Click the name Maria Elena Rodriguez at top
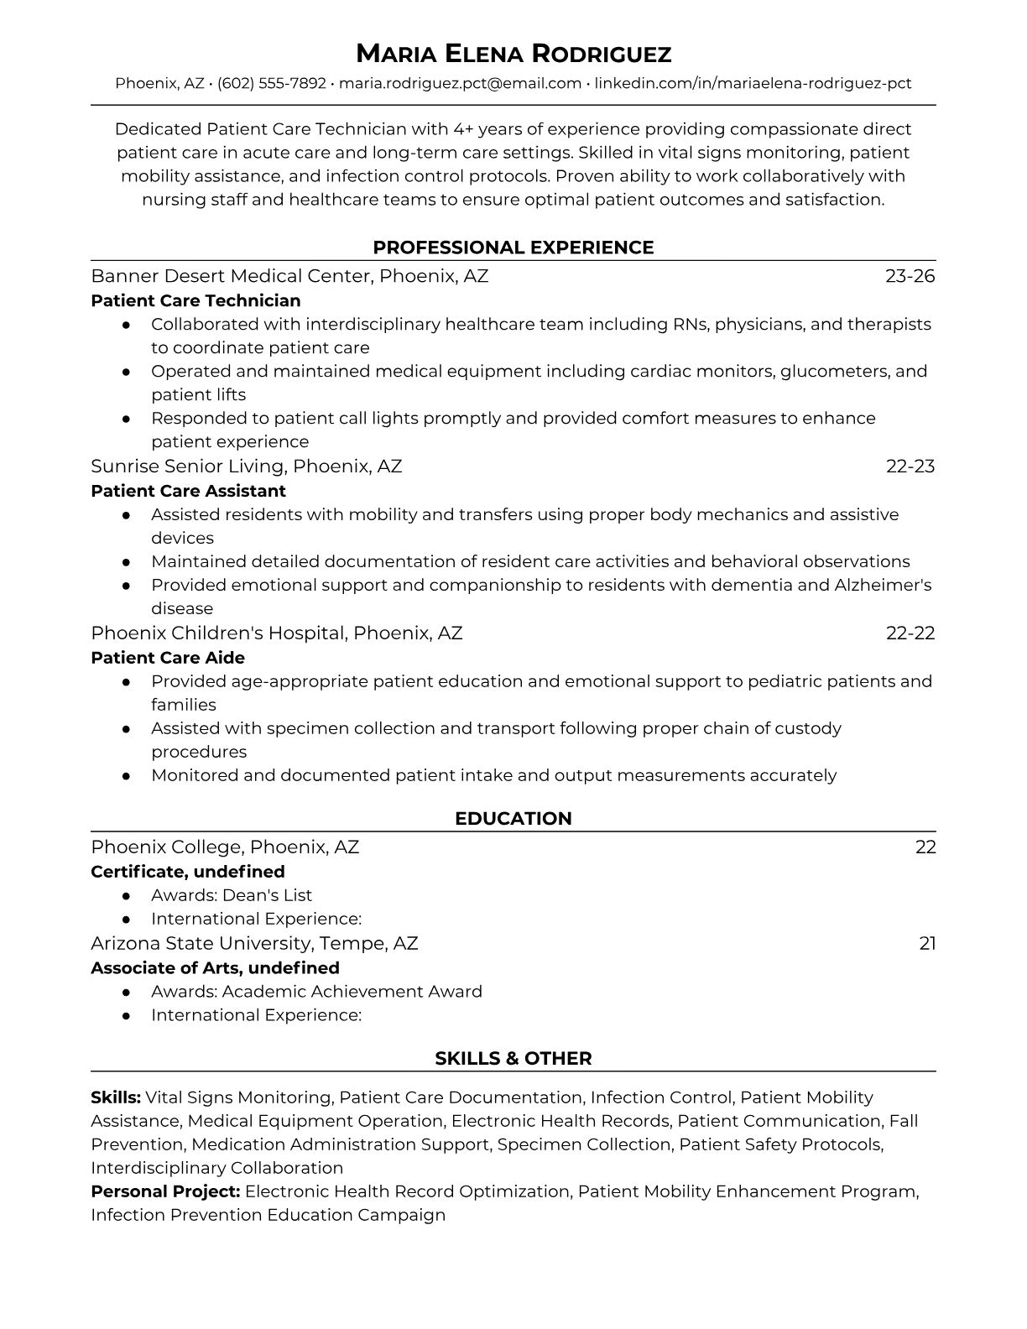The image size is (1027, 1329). click(513, 54)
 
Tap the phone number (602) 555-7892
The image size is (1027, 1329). click(272, 83)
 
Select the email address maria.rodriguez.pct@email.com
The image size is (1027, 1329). click(460, 83)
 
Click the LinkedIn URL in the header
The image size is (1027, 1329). click(753, 83)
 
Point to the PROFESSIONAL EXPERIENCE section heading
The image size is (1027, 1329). click(513, 248)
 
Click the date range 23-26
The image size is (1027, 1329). click(910, 276)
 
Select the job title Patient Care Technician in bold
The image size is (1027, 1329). click(195, 300)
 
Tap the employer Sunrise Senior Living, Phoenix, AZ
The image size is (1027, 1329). click(247, 466)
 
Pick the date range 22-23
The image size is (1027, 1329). click(910, 466)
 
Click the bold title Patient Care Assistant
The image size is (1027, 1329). click(188, 491)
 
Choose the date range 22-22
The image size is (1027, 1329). click(910, 633)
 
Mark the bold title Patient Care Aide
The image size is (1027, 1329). click(168, 658)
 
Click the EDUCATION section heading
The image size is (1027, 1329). click(513, 819)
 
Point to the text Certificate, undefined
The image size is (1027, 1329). click(188, 872)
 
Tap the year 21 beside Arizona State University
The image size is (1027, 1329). click(927, 944)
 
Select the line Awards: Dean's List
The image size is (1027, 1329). click(232, 895)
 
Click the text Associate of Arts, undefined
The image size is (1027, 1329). click(215, 968)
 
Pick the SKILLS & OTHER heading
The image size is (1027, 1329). click(513, 1059)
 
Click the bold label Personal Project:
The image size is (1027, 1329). click(165, 1191)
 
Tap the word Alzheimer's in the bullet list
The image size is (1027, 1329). click(883, 585)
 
